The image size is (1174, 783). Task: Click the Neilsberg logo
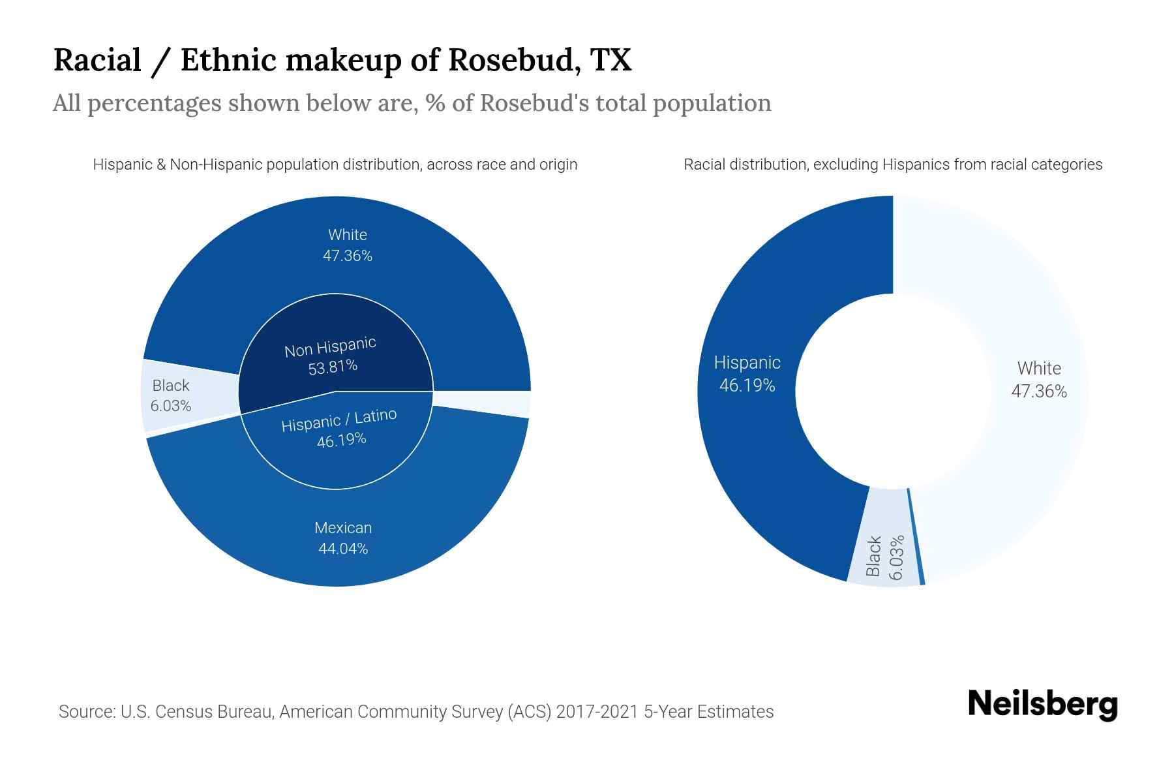click(1042, 705)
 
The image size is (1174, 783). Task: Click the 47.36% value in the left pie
click(347, 256)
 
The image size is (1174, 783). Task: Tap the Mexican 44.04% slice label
click(343, 538)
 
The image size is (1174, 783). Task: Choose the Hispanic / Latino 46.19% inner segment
click(339, 428)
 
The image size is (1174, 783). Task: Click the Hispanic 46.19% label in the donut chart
click(747, 374)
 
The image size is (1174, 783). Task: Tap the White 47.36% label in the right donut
click(1038, 379)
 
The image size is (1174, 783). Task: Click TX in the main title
click(611, 60)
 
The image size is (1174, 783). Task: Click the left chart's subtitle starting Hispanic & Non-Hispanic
click(335, 164)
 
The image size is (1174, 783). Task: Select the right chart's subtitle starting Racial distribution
click(892, 164)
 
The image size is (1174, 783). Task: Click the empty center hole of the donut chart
click(892, 391)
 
